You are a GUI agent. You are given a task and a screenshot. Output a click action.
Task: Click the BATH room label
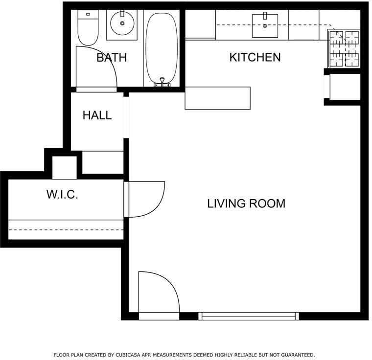click(112, 57)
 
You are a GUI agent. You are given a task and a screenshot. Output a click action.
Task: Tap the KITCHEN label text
click(255, 57)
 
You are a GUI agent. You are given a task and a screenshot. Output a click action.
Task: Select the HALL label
click(97, 115)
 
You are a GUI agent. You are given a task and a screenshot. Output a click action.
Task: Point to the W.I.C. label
click(62, 195)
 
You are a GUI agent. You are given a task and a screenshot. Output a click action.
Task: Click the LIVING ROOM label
click(246, 203)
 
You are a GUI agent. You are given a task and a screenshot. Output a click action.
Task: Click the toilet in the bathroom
click(88, 27)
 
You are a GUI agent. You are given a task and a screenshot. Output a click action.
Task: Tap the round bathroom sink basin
click(122, 23)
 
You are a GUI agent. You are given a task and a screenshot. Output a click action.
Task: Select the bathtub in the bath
click(162, 48)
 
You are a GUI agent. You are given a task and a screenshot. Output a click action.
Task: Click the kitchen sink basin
click(265, 25)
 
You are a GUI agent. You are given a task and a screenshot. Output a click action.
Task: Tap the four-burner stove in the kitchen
click(344, 48)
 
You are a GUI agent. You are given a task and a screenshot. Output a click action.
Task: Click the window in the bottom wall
click(248, 316)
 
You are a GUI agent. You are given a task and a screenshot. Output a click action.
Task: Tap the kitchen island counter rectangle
click(217, 98)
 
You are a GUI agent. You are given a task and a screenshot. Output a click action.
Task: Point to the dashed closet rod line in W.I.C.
click(66, 230)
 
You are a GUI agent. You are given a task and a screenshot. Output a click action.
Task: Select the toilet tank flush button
click(88, 14)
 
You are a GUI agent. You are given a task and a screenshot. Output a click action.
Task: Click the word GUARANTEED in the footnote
click(298, 355)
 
